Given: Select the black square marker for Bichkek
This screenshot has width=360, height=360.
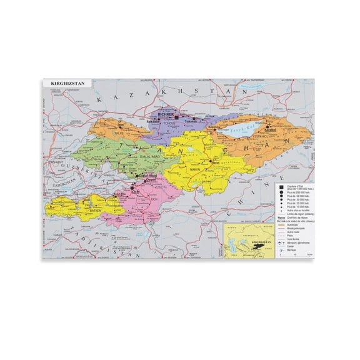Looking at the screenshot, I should [x=177, y=117].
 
